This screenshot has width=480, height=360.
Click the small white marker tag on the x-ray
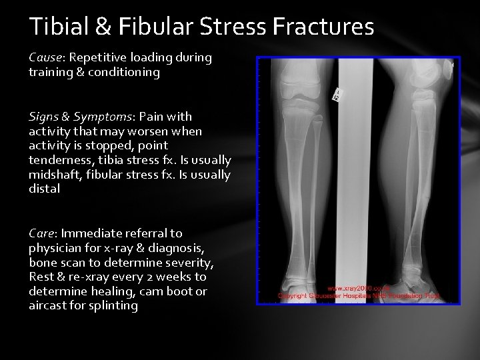tap(337, 95)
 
